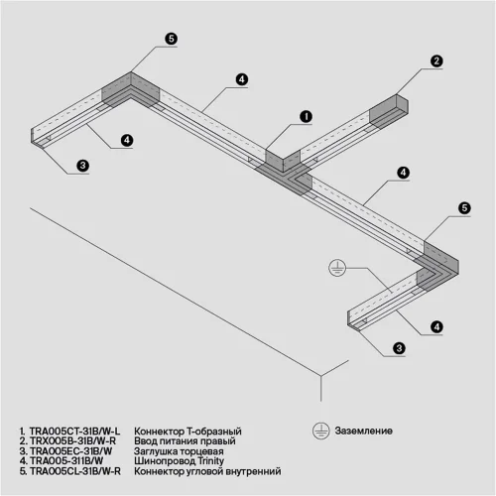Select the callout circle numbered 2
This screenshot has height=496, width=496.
pos(434,61)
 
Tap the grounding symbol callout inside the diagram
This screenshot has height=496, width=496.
pos(337,267)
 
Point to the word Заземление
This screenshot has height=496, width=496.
pos(363,433)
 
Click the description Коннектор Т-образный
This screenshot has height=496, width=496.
pos(187,433)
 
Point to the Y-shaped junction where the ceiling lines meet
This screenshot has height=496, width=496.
pos(318,375)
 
